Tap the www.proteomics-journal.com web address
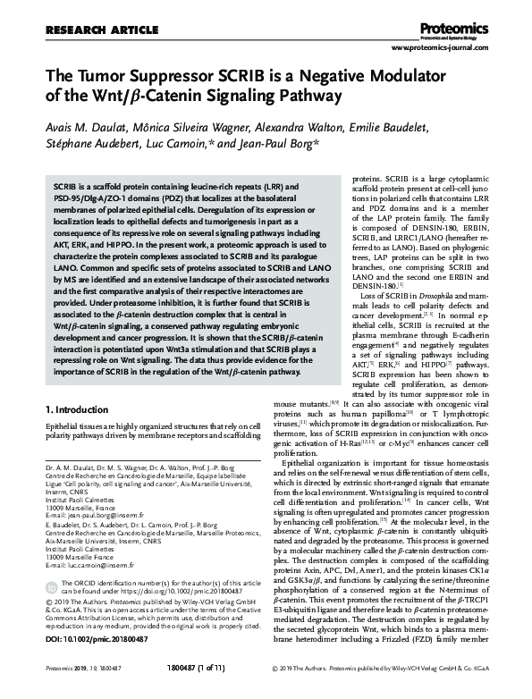443,50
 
